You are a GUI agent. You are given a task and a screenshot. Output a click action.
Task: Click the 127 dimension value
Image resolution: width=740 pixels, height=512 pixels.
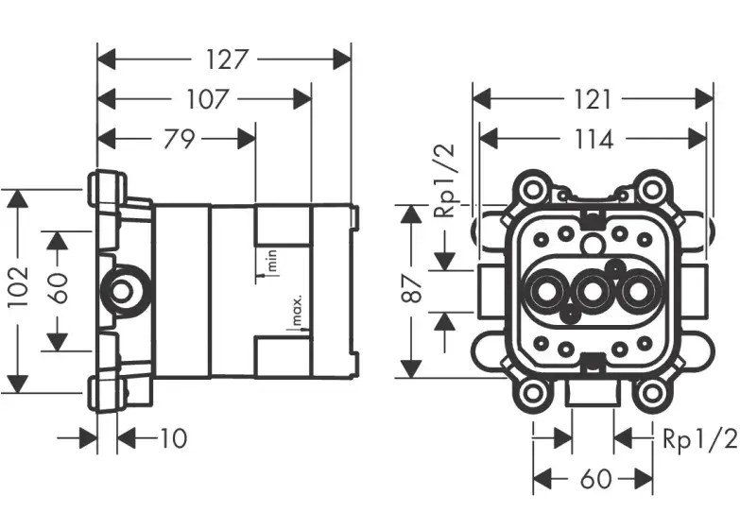pos(226,60)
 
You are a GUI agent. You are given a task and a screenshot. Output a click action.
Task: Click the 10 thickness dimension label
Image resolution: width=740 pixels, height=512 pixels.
pos(173,437)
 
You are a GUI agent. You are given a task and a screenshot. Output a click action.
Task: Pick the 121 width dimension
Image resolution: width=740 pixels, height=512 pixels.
pos(594,98)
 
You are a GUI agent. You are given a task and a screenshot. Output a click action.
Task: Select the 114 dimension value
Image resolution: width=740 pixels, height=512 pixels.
pos(594,139)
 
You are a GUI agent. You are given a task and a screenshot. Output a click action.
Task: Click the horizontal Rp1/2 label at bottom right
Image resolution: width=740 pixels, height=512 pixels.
pos(698,437)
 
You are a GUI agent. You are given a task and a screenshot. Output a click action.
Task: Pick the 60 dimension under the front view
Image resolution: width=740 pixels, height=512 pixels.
pos(594,479)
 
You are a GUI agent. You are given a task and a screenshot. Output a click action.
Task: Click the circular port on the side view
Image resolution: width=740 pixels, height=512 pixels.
pos(120,289)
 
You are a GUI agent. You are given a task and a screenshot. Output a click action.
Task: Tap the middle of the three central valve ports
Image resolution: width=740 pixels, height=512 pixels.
pos(594,293)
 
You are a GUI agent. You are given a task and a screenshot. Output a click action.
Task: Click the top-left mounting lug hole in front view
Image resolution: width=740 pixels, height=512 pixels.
pos(534,189)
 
